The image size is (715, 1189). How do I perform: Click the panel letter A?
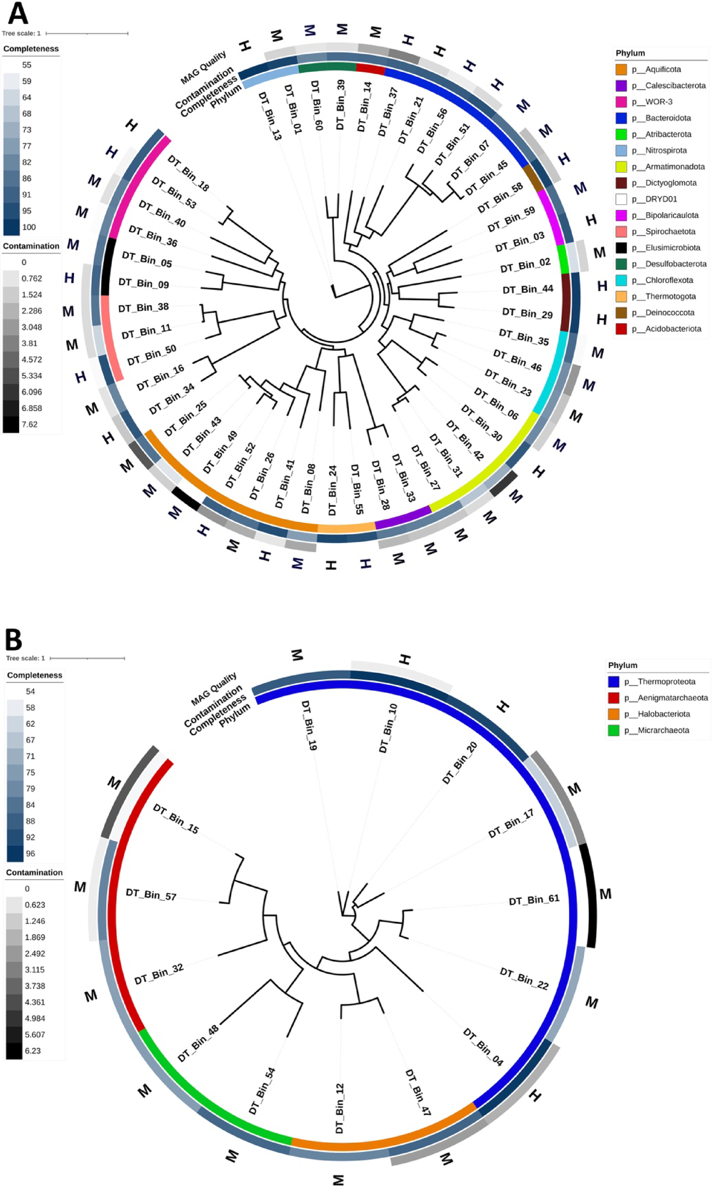[18, 14]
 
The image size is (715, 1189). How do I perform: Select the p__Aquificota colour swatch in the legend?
[621, 69]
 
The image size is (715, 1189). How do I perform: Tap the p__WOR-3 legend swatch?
[621, 101]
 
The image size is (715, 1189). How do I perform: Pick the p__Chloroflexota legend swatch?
[621, 280]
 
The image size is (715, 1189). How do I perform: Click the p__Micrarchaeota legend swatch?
[614, 730]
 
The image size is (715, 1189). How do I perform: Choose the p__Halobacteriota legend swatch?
[614, 714]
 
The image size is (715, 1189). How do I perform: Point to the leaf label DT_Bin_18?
[188, 174]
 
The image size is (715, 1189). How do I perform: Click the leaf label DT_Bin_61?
[534, 900]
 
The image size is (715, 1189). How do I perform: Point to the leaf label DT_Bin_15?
[176, 819]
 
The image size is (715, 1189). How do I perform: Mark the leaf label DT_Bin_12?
[340, 1108]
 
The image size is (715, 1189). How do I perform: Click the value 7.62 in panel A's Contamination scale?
[29, 424]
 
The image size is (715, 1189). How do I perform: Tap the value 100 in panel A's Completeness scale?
[29, 227]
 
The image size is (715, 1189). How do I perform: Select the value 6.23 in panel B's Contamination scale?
[33, 1051]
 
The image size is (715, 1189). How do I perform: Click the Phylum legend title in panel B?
[623, 665]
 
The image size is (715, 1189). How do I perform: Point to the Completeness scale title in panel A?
[31, 49]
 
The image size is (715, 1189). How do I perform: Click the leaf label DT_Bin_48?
[198, 1044]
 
